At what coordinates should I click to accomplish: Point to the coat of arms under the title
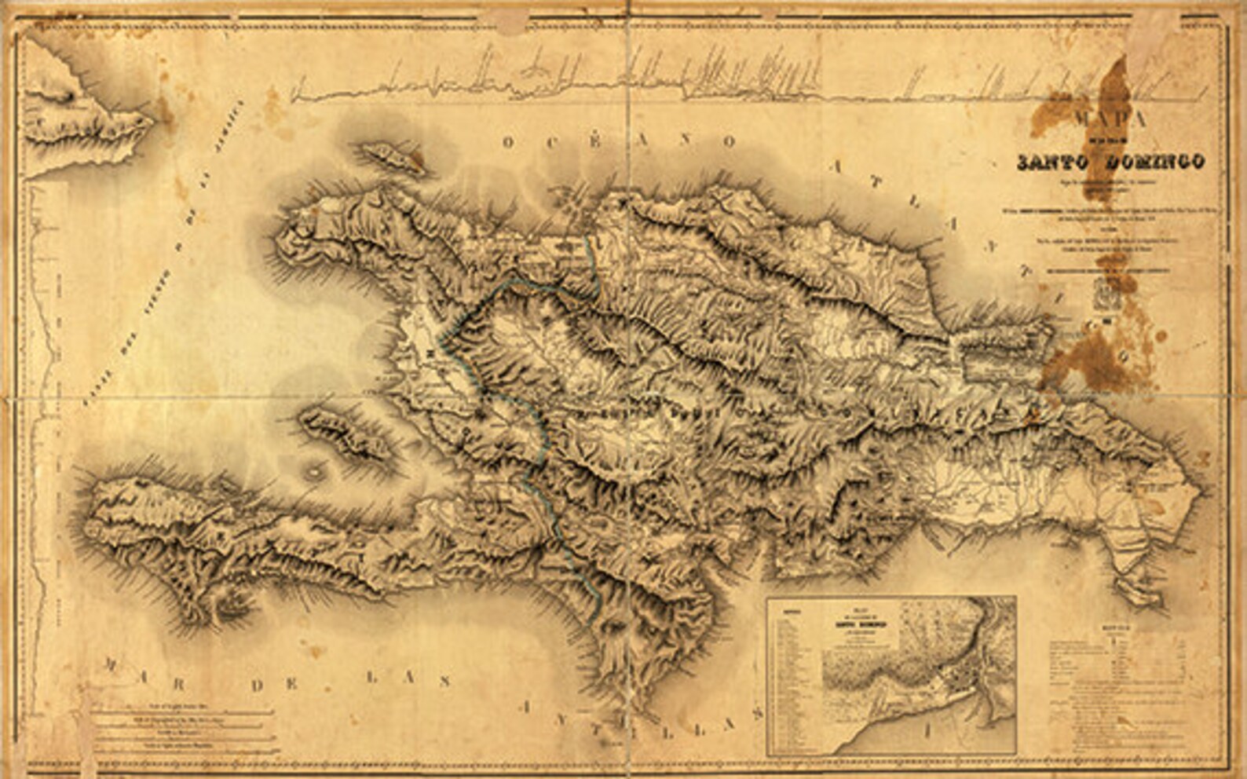point(1106,299)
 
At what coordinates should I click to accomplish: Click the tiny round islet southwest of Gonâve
point(316,471)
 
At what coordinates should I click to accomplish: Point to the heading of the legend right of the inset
point(1117,628)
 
